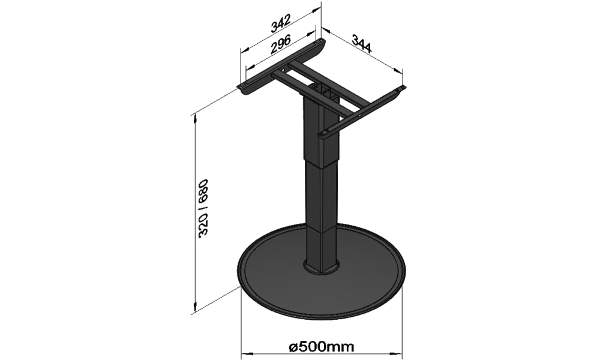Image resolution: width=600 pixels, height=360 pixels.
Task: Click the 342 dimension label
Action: (281, 24)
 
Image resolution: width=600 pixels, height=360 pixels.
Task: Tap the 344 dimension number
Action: (361, 43)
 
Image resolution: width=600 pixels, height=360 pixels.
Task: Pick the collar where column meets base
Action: (321, 266)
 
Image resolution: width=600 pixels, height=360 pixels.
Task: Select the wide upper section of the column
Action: (322, 130)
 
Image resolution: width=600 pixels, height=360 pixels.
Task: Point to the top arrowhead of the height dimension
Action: (196, 118)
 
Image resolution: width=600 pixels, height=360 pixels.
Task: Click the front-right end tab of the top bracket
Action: (324, 133)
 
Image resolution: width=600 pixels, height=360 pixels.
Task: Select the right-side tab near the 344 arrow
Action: (400, 89)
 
